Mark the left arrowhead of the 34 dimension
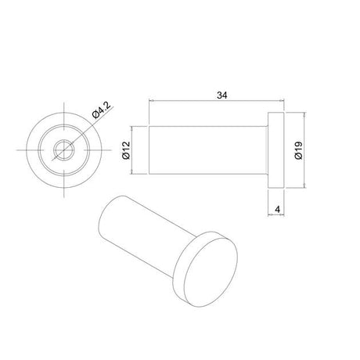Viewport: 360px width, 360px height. click(x=152, y=102)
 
